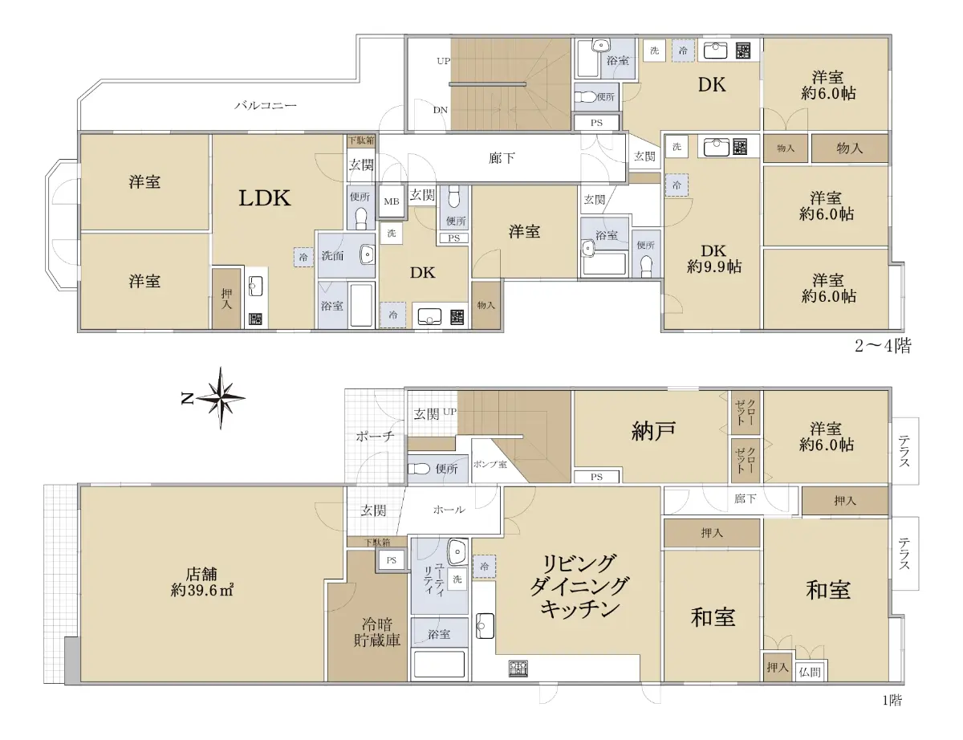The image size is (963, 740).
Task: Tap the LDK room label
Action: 265,198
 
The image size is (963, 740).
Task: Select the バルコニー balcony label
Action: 265,105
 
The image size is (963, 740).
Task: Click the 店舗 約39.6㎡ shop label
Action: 202,582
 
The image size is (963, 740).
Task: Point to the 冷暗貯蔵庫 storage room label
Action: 376,632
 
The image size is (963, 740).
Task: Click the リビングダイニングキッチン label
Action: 579,586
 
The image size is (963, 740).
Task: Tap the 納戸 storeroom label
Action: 653,431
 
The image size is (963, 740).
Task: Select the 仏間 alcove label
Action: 810,673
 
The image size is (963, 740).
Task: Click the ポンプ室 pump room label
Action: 490,464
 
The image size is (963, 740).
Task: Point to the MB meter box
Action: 392,201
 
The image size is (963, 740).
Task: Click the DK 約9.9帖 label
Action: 714,258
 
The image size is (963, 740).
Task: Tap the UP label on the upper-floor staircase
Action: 443,61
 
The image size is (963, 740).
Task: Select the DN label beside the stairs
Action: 440,110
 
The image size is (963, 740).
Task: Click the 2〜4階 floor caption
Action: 883,346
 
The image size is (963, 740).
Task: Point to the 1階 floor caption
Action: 892,701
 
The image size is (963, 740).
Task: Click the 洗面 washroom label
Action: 332,255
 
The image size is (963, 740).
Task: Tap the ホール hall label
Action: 449,510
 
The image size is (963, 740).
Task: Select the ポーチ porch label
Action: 375,437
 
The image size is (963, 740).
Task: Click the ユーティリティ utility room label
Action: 434,579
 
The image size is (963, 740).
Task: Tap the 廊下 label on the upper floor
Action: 502,158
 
